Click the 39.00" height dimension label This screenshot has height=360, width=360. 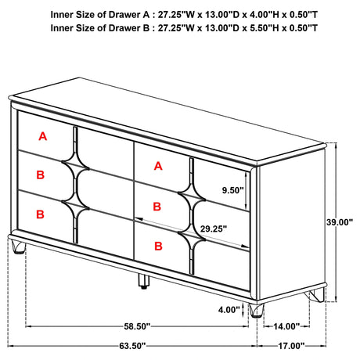pos(340,222)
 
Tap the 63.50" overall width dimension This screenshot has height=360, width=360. pos(132,346)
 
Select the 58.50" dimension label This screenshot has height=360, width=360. pos(137,326)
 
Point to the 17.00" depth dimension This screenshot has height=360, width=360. pos(291,346)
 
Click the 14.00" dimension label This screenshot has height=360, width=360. pos(286,326)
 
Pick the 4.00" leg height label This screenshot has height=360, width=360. pos(229,310)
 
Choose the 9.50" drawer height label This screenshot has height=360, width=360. pos(232,190)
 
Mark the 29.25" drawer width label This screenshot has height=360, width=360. pos(214,229)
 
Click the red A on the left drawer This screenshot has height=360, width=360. pos(43,136)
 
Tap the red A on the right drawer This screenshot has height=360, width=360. pos(158,166)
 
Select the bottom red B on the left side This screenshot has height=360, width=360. pos(40,214)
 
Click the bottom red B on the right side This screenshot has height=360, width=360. pos(158,246)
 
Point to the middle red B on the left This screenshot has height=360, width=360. pos(41,175)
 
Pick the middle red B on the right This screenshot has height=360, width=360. pos(157,207)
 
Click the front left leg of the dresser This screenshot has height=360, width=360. pos(18,247)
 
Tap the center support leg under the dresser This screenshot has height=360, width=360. pos(143,281)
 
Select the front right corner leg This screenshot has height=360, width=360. pos(256,311)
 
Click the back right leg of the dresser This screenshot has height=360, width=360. pos(317,295)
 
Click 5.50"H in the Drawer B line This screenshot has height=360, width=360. pos(265,28)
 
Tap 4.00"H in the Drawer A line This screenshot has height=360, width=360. pos(265,15)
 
